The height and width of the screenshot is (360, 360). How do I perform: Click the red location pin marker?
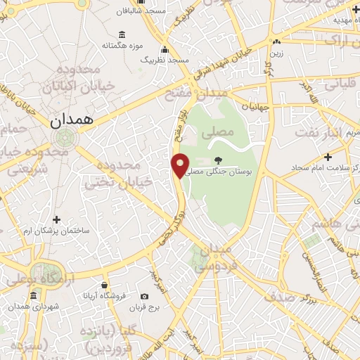pos(181,165)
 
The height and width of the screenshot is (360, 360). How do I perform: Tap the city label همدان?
pos(72,121)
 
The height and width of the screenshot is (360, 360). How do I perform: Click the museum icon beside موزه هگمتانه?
pos(122,35)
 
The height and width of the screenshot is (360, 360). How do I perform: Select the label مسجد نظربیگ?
pos(165,60)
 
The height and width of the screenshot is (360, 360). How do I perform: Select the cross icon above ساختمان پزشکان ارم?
pos(57,219)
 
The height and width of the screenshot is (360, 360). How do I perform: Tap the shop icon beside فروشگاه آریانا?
pos(104,285)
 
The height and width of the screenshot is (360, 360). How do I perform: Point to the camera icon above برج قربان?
pos(145,297)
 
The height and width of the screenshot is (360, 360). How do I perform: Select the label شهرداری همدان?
pos(32,307)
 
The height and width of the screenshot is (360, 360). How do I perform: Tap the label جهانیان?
pos(255,108)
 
